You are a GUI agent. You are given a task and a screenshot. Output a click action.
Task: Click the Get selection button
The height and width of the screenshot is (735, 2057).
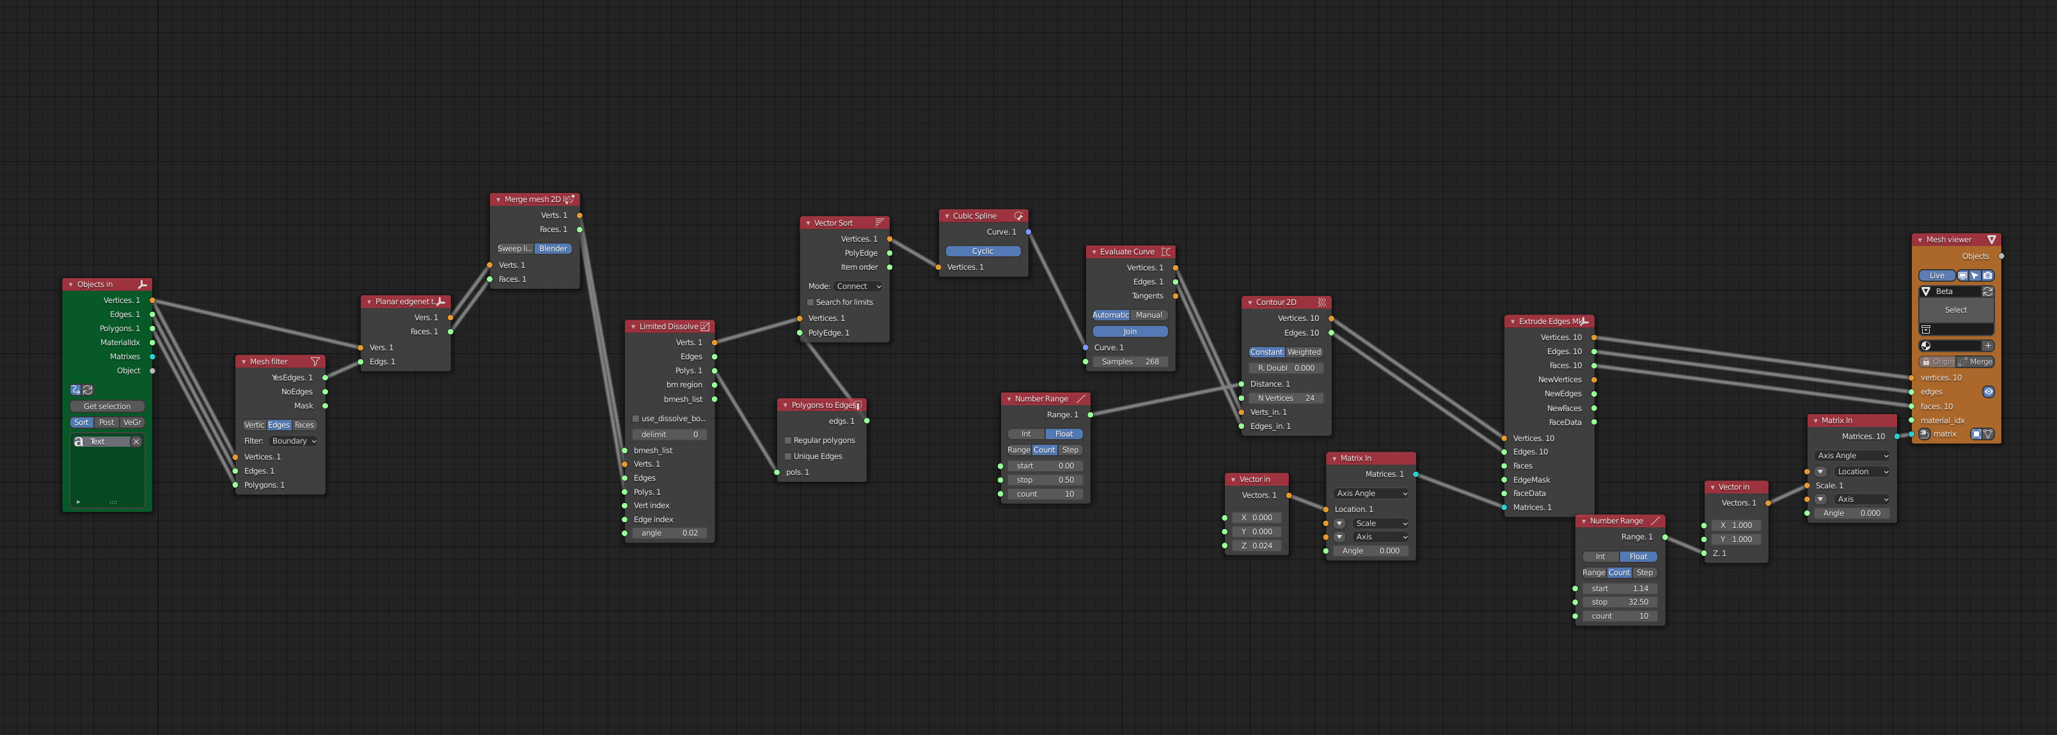107,406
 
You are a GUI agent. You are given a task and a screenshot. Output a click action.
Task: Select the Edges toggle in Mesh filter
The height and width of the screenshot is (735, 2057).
279,426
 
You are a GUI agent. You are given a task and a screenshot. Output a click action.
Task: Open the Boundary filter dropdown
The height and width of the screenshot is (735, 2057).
293,441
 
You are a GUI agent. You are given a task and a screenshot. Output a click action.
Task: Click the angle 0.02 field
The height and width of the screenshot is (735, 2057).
669,533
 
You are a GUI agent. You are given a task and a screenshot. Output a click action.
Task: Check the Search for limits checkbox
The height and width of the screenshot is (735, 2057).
810,302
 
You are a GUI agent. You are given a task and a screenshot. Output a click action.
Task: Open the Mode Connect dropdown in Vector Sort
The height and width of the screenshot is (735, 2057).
858,286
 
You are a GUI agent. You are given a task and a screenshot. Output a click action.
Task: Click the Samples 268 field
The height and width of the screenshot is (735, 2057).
1130,362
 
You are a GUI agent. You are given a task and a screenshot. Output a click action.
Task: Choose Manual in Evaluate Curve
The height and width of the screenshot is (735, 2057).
1149,315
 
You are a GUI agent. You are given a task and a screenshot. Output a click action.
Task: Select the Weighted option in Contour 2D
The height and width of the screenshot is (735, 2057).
1304,353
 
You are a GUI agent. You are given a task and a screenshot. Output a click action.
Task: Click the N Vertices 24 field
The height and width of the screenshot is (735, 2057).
1286,398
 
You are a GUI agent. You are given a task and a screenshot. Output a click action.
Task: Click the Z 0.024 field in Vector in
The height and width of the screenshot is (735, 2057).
1256,546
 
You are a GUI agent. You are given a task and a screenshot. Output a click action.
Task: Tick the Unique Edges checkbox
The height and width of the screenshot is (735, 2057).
788,456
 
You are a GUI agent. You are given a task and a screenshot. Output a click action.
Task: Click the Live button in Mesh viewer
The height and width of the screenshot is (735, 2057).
1936,276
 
